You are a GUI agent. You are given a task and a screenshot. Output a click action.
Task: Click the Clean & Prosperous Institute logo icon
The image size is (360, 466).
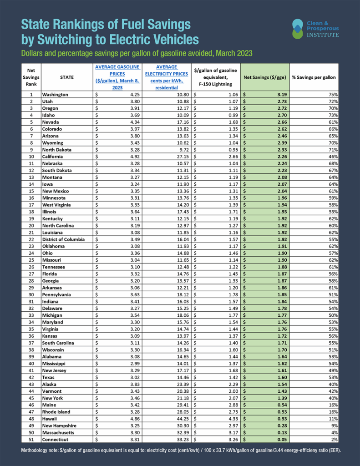pos(297,28)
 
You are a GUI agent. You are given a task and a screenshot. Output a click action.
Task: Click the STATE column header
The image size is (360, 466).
pos(66,77)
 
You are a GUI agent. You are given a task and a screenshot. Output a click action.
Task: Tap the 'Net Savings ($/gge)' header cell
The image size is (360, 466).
pos(264,77)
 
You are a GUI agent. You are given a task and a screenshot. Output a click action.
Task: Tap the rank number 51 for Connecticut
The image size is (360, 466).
pos(32,440)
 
